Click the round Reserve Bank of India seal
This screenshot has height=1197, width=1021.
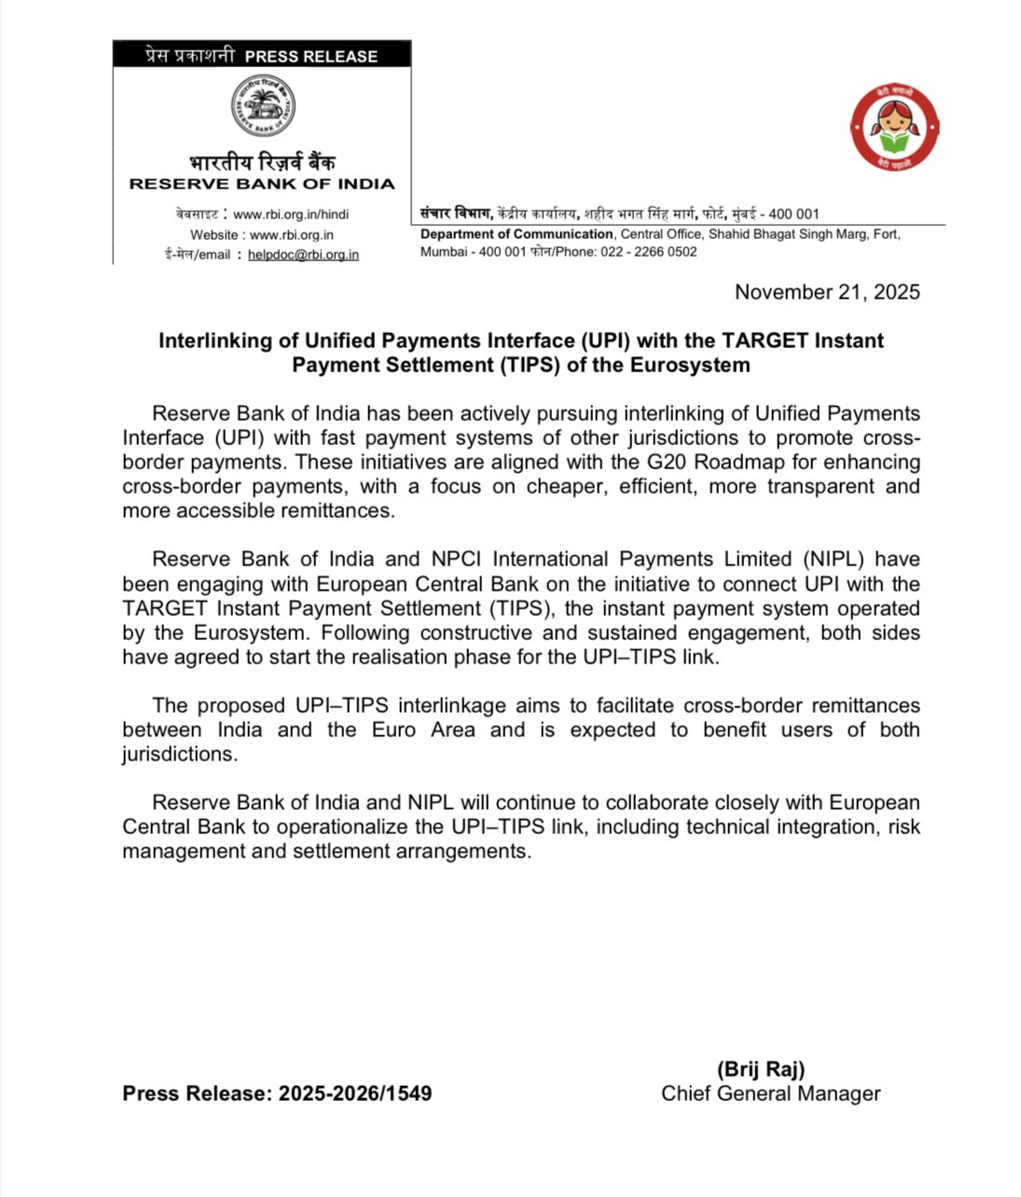point(263,106)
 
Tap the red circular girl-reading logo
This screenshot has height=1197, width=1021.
point(894,129)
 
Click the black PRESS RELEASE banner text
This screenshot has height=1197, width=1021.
point(310,56)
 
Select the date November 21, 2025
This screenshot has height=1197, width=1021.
point(826,292)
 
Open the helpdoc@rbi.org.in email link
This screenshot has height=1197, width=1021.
point(303,255)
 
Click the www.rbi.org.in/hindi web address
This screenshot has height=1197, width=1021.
point(291,214)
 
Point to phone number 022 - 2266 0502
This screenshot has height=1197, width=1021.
point(648,252)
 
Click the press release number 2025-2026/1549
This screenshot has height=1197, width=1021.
point(354,1093)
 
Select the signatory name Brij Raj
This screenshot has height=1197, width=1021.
point(761,1069)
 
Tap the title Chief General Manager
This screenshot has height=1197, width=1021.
point(770,1093)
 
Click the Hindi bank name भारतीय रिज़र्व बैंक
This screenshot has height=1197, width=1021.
point(262,162)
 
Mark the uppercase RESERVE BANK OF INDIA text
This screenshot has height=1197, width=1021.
point(262,184)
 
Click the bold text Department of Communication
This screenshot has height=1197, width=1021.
point(517,234)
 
